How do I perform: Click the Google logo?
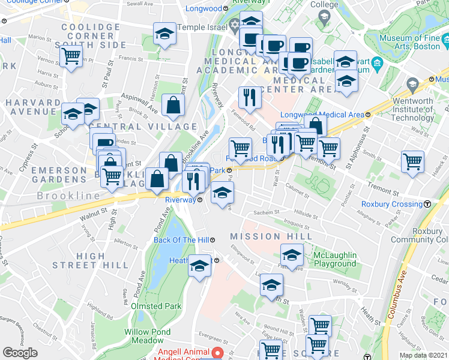(x=20, y=353)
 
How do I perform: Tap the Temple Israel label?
(x=199, y=26)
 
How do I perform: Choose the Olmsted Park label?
(x=156, y=306)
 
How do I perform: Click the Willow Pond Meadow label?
(x=148, y=336)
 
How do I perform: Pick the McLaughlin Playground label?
(x=334, y=259)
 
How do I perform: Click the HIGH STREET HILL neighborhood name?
(x=90, y=260)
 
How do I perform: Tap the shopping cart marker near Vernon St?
(x=71, y=57)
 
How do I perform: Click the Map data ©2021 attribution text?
(x=423, y=355)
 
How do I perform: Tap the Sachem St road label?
(x=268, y=212)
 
